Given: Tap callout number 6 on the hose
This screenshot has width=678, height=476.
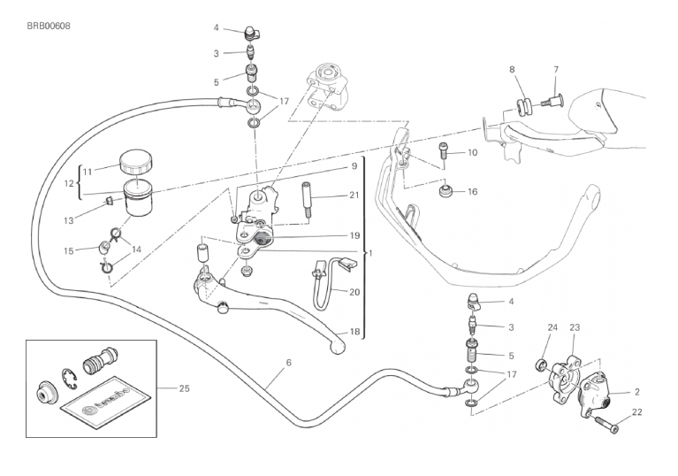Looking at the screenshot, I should click(288, 363).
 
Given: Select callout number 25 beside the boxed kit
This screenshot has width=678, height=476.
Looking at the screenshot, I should click(184, 388).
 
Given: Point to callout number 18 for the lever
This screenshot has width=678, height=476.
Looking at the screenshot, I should click(354, 332).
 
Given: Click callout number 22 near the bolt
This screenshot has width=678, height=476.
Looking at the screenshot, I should click(638, 412).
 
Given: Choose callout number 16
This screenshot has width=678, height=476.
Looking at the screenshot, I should click(472, 191).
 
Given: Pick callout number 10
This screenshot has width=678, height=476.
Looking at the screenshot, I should click(472, 152).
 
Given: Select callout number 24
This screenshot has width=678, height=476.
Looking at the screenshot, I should click(552, 327).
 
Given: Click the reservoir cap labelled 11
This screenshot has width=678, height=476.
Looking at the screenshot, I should click(135, 161).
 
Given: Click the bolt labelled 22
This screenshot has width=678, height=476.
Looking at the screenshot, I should click(609, 425).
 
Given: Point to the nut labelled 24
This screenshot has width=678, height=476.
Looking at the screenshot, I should click(539, 364).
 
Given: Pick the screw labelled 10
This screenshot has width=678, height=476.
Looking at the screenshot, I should click(444, 154).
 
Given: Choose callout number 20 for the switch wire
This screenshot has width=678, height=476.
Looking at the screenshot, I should click(354, 292).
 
